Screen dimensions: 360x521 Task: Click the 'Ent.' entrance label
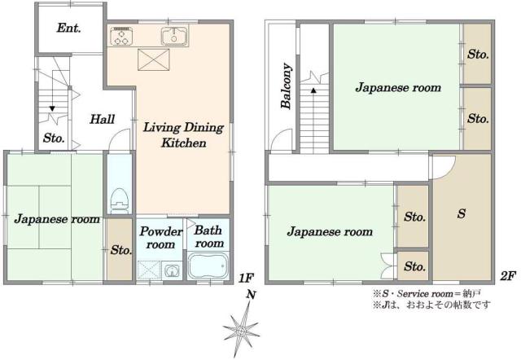coord(68,28)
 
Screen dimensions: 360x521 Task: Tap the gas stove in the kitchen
coord(122,36)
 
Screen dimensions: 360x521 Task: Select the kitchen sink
coord(174,36)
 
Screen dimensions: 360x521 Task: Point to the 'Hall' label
coord(102,119)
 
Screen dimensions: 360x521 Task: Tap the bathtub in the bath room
coord(209,267)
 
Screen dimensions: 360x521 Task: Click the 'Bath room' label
coord(209,237)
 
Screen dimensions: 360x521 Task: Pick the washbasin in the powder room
coord(172,270)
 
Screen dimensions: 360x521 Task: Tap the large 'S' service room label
coord(461,214)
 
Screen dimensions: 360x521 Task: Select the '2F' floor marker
coord(507,277)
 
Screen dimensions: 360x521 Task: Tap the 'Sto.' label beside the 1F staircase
coord(54,137)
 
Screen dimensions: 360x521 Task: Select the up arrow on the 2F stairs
coord(313,80)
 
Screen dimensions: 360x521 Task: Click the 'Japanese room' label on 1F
coord(56,219)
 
